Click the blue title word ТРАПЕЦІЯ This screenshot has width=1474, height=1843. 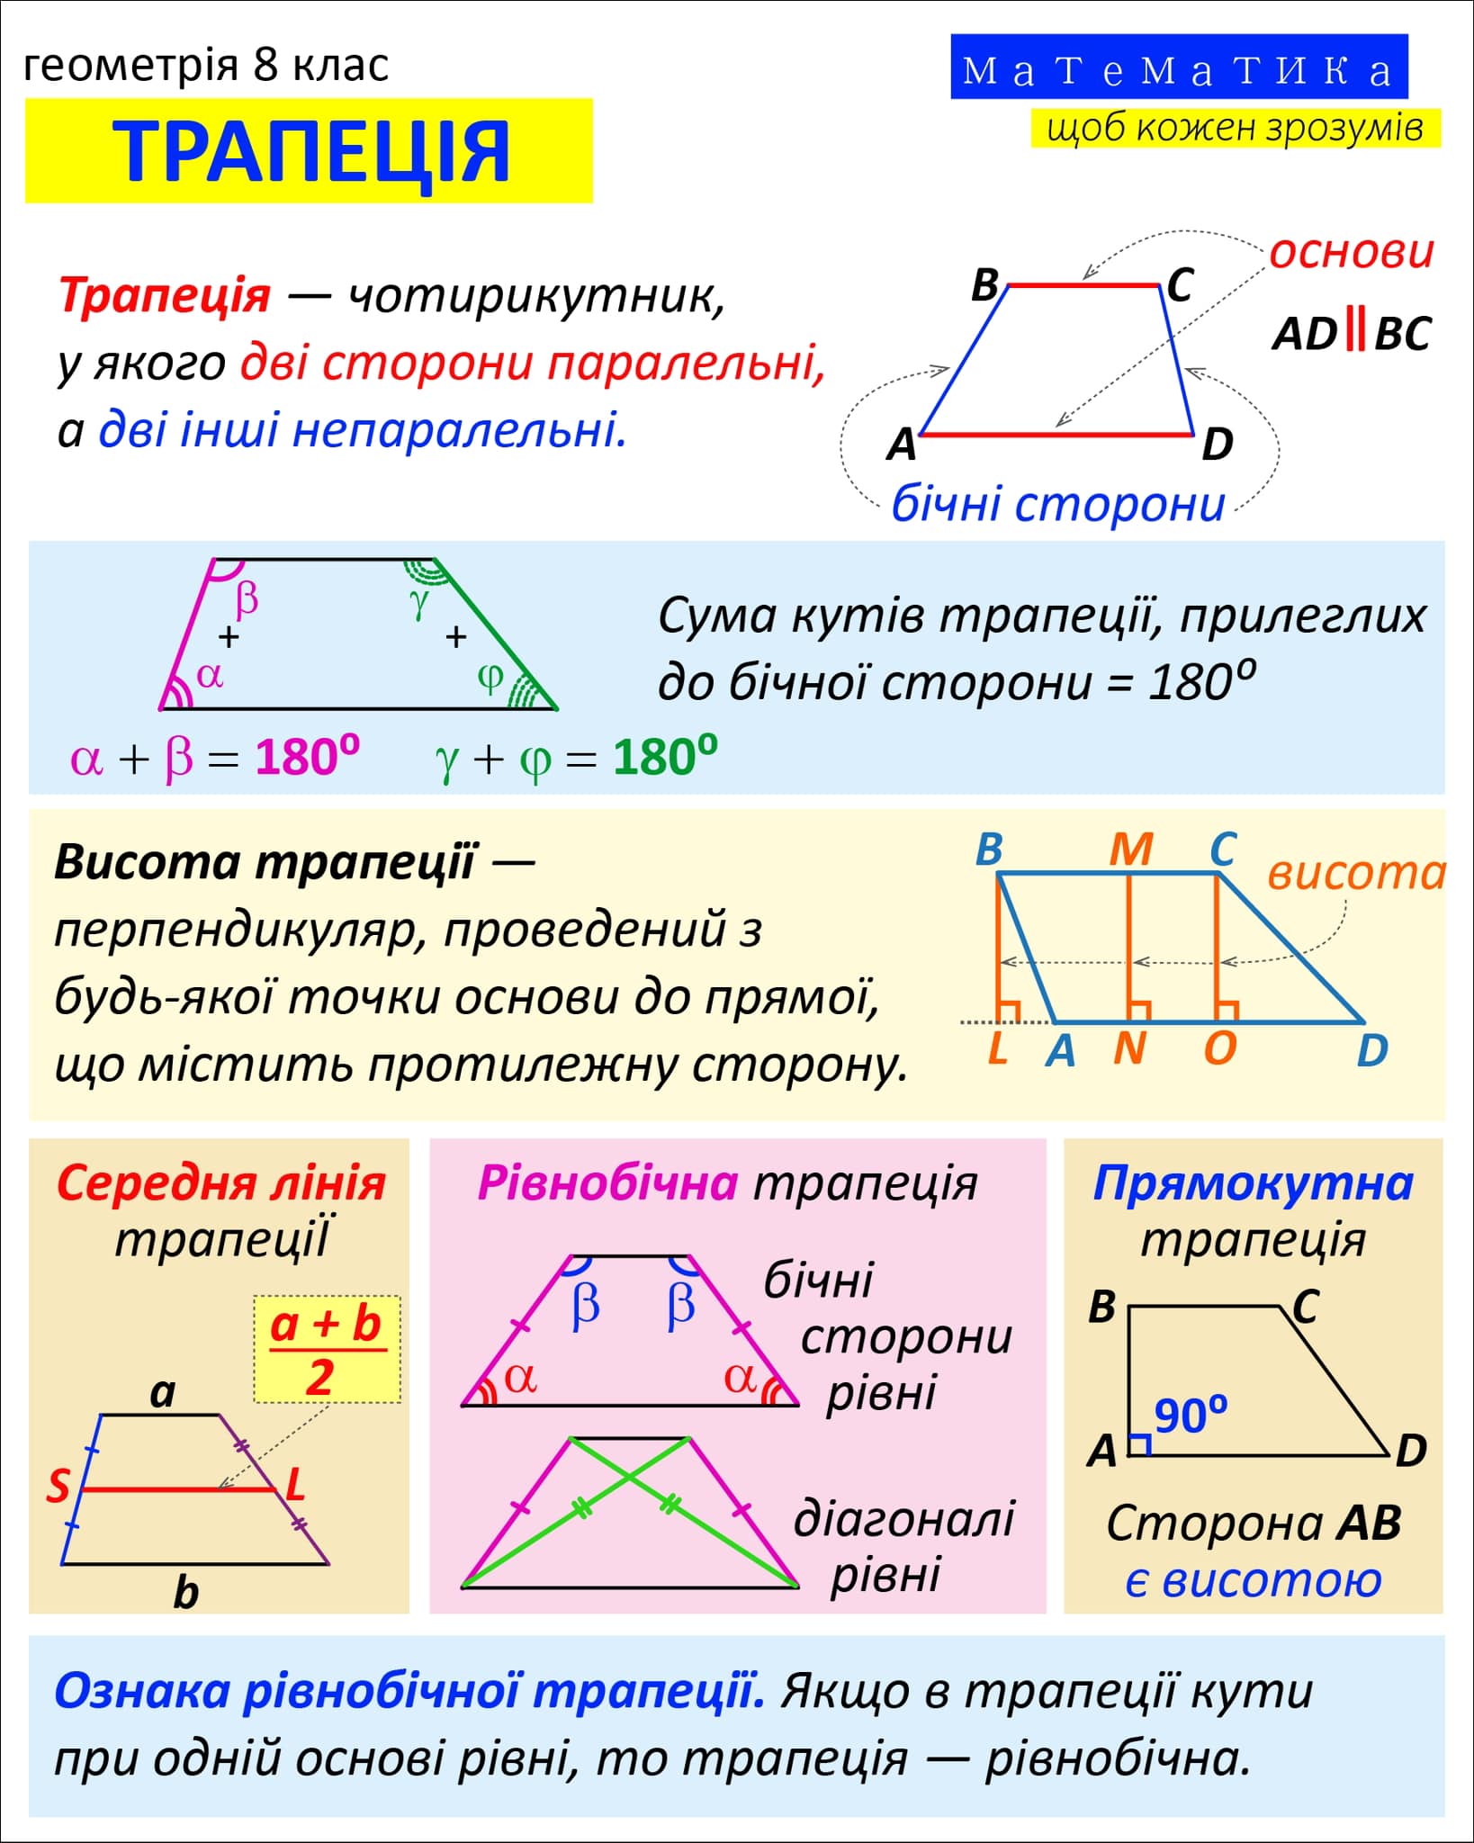[310, 151]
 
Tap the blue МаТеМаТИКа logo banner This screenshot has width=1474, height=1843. [1179, 68]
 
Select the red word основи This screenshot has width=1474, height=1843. [1351, 253]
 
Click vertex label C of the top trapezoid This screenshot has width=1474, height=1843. [1180, 286]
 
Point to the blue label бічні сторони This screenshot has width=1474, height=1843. [1057, 504]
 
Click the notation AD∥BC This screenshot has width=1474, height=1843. [1351, 335]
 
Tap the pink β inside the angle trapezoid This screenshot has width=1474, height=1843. [246, 598]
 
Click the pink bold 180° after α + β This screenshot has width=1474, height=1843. [307, 757]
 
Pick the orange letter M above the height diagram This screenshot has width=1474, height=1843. [1130, 848]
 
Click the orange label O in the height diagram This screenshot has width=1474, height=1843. [1219, 1048]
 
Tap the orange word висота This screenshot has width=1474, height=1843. [1356, 873]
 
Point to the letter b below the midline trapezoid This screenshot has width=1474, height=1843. [185, 1593]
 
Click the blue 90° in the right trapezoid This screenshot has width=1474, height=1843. [1190, 1416]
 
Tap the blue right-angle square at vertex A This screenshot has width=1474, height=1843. [1140, 1444]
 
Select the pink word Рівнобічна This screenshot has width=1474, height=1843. [607, 1183]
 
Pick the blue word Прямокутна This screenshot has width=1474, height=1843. [1253, 1183]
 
